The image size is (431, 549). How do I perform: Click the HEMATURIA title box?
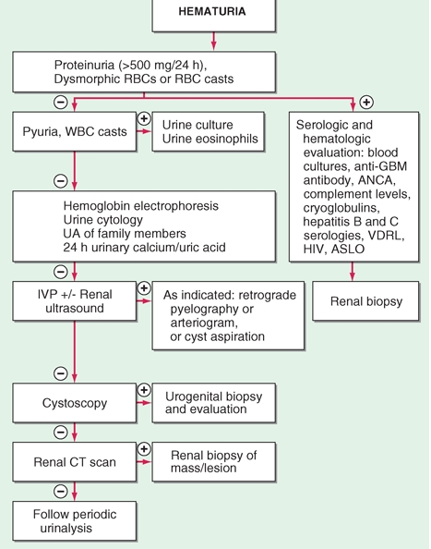pyautogui.click(x=213, y=16)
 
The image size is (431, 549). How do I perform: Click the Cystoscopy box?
pyautogui.click(x=73, y=402)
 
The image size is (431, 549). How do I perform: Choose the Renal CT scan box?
pyautogui.click(x=73, y=459)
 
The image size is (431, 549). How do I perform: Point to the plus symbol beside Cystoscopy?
pyautogui.click(x=143, y=390)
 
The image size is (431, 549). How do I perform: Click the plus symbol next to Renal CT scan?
pyautogui.click(x=143, y=448)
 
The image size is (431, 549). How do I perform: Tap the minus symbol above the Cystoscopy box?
pyautogui.click(x=61, y=373)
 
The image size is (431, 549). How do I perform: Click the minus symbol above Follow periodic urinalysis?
pyautogui.click(x=61, y=491)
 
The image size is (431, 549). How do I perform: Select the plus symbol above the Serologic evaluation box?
pyautogui.click(x=365, y=100)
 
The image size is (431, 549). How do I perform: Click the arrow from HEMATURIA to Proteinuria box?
pyautogui.click(x=213, y=42)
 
